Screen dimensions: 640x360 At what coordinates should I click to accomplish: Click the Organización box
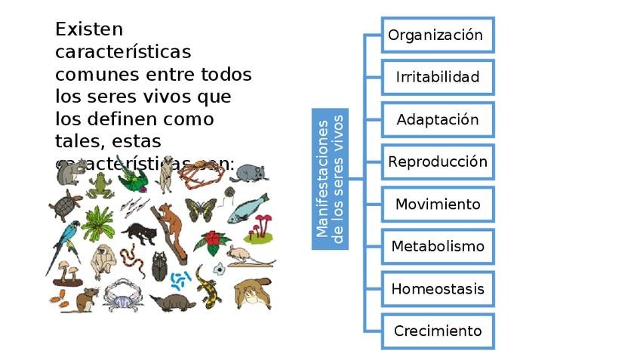coord(438,35)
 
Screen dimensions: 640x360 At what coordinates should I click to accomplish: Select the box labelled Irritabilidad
coord(438,77)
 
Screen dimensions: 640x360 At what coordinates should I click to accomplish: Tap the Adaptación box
coord(438,119)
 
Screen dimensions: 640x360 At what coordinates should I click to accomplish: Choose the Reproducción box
coord(438,162)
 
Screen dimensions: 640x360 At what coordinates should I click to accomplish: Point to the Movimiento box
coord(438,204)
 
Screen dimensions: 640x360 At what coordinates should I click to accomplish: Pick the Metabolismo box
coord(438,246)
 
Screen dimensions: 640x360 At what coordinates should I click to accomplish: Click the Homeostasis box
coord(438,288)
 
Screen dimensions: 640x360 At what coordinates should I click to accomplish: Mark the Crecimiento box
coord(438,331)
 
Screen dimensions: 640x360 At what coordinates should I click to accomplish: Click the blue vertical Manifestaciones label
coord(331,179)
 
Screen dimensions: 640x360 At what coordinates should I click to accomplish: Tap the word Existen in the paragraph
coord(88,30)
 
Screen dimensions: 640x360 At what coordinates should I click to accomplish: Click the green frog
coord(99,184)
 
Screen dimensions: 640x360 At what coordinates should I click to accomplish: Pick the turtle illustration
coord(65,205)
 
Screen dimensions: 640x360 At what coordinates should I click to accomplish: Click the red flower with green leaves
coord(213,242)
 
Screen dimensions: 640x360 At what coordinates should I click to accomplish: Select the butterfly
coord(200,209)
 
